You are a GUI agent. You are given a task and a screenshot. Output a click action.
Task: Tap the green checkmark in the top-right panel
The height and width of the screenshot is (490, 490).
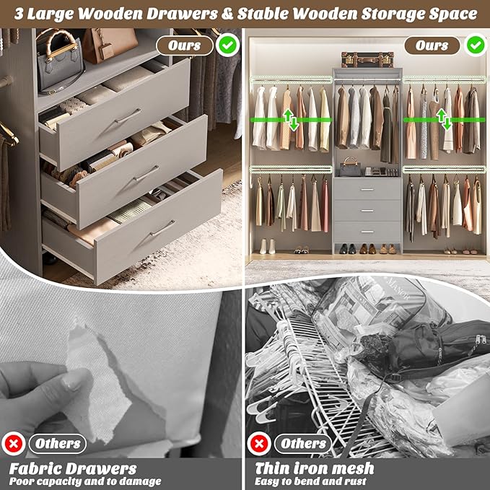[x=474, y=45]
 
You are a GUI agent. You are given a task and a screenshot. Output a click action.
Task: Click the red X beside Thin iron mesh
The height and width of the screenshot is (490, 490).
[x=258, y=443]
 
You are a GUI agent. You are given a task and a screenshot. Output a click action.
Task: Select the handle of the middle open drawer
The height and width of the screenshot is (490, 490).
[x=146, y=174]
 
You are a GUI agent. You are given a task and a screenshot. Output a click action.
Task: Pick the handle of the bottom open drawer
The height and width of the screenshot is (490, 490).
[x=162, y=229]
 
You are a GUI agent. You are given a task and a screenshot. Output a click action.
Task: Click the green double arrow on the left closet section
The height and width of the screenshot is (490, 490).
[x=291, y=119]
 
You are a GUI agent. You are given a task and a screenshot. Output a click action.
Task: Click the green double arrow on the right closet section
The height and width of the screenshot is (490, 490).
[x=446, y=119]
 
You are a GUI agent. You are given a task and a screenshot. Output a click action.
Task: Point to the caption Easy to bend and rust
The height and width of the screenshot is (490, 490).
[x=311, y=481]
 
